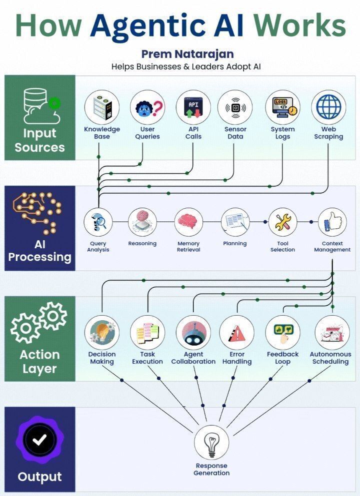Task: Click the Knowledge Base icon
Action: [102, 107]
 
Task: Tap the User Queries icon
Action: [147, 107]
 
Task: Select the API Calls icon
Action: [193, 107]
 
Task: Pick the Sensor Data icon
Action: [235, 107]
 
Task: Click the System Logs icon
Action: [282, 107]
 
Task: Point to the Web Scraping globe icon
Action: [328, 107]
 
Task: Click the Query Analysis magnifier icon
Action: [98, 222]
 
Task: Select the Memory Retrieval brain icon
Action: [188, 222]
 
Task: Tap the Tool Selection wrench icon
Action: [282, 222]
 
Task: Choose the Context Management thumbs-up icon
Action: [332, 222]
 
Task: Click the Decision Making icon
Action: [102, 332]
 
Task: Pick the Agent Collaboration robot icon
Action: [193, 332]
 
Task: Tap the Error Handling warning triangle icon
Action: [236, 332]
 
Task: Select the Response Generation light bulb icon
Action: [211, 442]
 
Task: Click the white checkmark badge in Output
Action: [39, 440]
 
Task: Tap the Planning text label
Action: [235, 244]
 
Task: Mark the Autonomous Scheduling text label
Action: [330, 358]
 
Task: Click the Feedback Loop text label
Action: [282, 358]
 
